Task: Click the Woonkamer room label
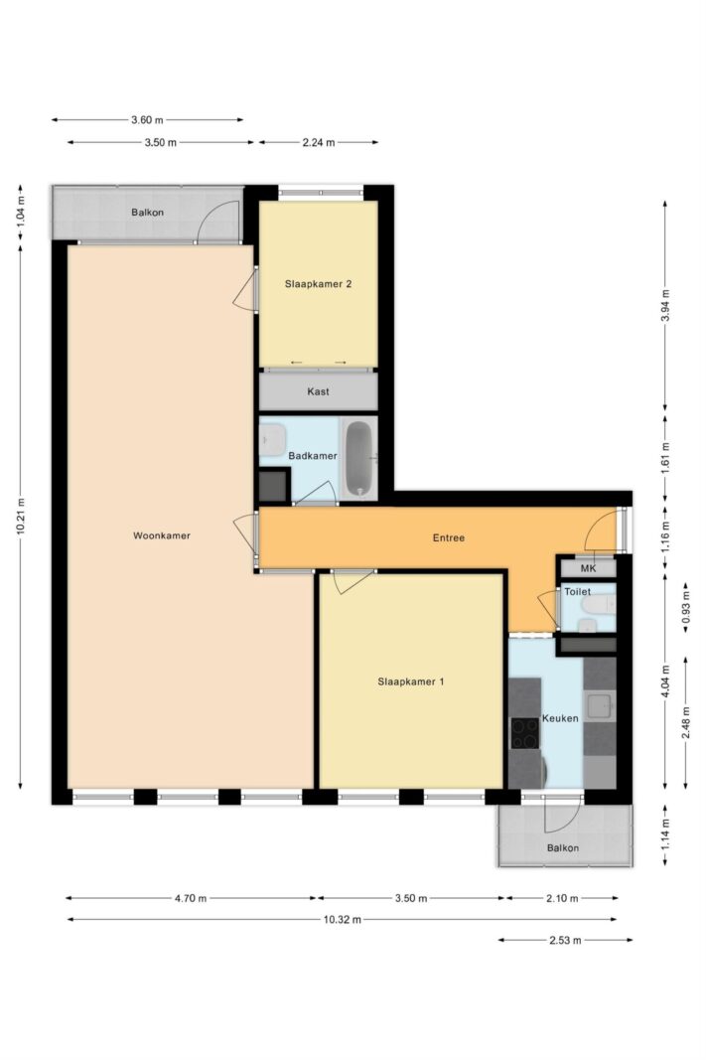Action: (162, 536)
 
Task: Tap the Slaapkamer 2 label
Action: (318, 284)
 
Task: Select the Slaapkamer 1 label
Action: (411, 681)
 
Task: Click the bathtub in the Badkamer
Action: (358, 458)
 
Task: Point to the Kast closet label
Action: (318, 391)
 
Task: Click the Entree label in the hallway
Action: (449, 538)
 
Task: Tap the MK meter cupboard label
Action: (589, 568)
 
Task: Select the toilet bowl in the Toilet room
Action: (599, 605)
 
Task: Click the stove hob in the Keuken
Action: (525, 733)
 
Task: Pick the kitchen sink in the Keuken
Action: (599, 705)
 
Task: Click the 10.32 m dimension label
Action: (342, 919)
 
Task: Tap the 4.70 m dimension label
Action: (191, 898)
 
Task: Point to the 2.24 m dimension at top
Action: (318, 143)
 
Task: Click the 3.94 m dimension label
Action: (665, 305)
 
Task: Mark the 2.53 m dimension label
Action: (565, 940)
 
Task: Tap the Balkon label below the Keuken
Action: (563, 847)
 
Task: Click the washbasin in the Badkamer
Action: (272, 440)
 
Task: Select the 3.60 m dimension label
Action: (147, 120)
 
